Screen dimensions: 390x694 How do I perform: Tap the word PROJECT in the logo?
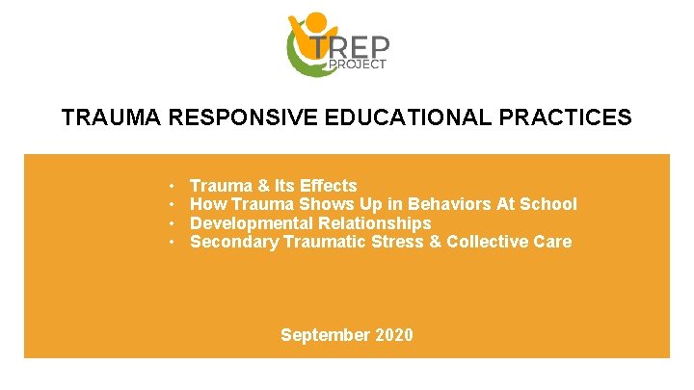coord(359,65)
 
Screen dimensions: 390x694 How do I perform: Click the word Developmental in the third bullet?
coord(244,223)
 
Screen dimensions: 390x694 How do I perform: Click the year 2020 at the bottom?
coord(393,335)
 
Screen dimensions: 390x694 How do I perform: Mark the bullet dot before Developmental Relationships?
coord(170,223)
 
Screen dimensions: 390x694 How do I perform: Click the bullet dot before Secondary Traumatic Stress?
coord(170,242)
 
